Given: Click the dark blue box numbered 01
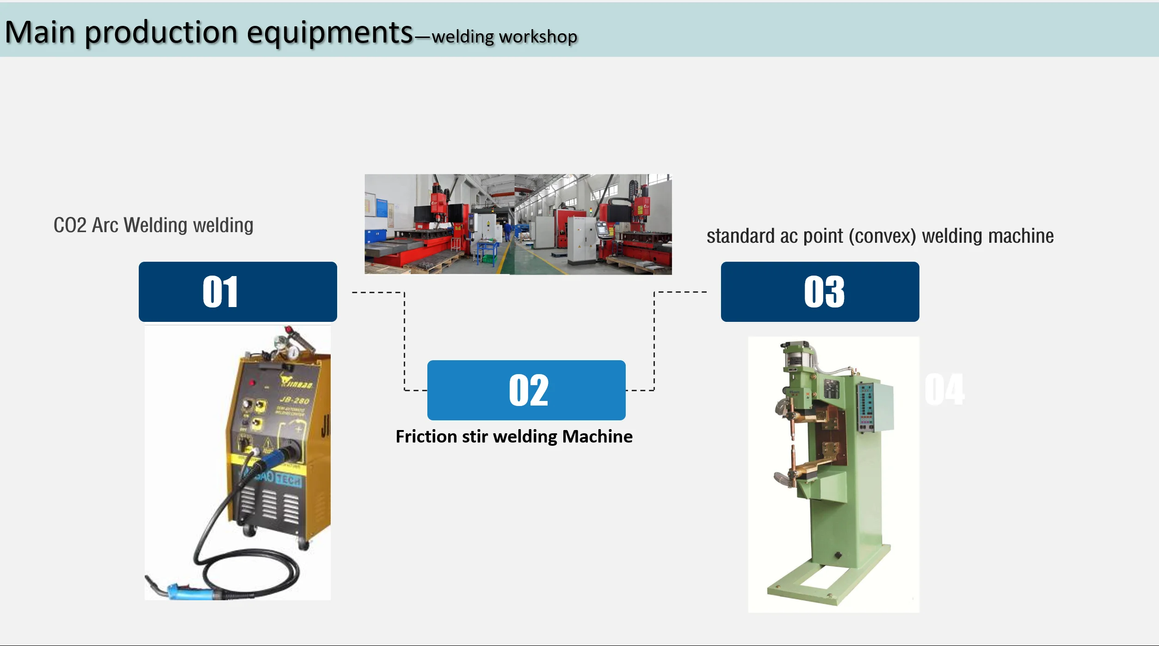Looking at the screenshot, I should (x=238, y=292).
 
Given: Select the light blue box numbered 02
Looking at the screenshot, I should (x=526, y=390).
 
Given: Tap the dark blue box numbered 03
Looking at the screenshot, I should (x=820, y=292).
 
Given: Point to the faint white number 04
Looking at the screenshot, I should (x=944, y=390).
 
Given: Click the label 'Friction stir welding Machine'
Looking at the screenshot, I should (x=514, y=437).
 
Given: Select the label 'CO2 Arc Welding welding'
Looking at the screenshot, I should (x=153, y=225).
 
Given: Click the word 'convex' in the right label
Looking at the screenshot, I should (x=882, y=236).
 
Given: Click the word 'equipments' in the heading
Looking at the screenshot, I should (x=329, y=33).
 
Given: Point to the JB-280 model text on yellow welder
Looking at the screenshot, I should (x=294, y=400).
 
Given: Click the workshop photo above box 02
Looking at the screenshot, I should (x=518, y=224).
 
